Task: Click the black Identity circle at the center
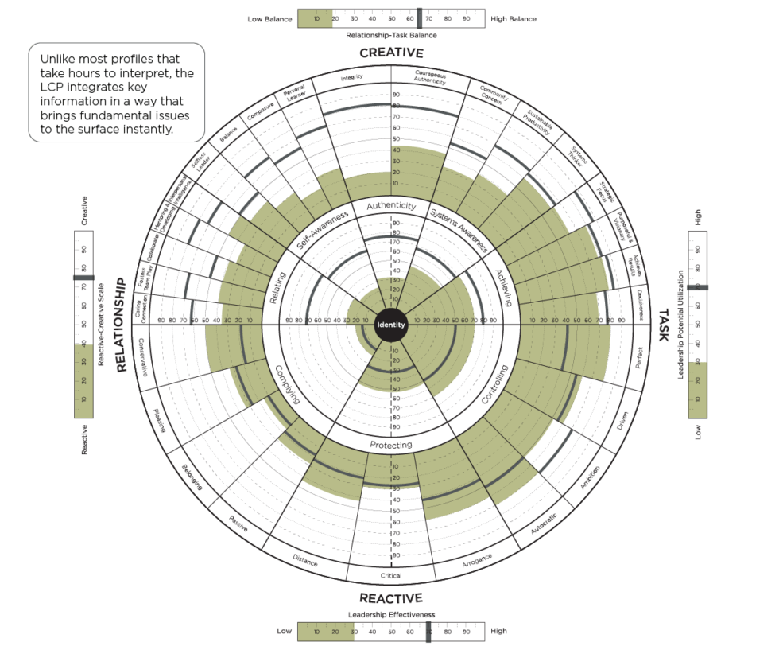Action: click(390, 325)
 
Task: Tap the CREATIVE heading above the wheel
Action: click(391, 53)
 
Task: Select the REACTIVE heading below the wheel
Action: click(390, 598)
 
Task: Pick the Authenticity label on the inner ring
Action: click(390, 206)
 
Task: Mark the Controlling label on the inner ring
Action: click(495, 386)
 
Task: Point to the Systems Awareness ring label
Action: click(459, 229)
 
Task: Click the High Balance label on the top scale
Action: click(514, 18)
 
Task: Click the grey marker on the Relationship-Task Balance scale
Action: click(420, 18)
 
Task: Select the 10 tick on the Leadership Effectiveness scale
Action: click(316, 632)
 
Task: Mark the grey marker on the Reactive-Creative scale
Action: click(83, 278)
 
